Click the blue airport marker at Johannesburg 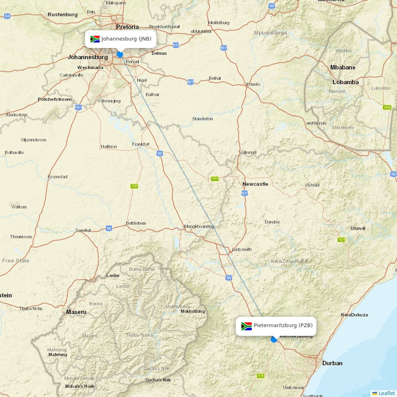point(120,54)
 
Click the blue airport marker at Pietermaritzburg point(274,339)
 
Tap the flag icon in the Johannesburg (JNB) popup point(95,39)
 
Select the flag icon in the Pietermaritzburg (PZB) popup point(247,326)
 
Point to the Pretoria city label point(127,27)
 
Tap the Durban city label point(332,363)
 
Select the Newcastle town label point(255,184)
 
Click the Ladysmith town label point(242,249)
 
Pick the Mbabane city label point(343,67)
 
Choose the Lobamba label point(345,82)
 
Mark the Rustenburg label point(63,15)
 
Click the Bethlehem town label point(136,223)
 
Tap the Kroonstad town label point(58,177)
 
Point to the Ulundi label point(358,228)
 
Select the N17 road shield point(191,82)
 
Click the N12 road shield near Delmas point(176,45)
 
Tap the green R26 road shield point(135,186)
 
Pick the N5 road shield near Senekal point(109,228)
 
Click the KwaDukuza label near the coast point(354,315)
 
